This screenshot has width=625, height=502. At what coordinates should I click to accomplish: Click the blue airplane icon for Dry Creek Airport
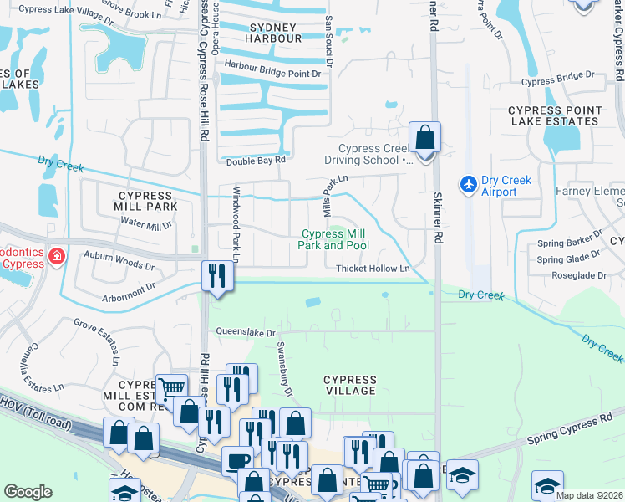click(469, 182)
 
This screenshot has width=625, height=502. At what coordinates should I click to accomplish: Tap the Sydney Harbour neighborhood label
click(274, 33)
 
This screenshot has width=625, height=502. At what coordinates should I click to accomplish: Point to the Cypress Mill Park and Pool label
click(333, 239)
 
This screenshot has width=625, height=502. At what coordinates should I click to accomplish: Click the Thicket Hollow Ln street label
click(373, 269)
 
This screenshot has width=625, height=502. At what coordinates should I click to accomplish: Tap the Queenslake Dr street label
click(246, 331)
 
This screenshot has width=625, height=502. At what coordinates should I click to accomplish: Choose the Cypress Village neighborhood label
click(350, 385)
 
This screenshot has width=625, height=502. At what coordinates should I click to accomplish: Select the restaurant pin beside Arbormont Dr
click(216, 275)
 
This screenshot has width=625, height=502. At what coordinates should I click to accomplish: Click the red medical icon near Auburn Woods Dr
click(56, 255)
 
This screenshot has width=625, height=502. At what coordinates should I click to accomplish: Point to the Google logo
click(28, 492)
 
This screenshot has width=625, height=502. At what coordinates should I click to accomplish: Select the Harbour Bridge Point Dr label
click(272, 74)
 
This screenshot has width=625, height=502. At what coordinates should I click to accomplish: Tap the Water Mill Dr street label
click(146, 223)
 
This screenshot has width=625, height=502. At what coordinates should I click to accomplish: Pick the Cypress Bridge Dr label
click(557, 82)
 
